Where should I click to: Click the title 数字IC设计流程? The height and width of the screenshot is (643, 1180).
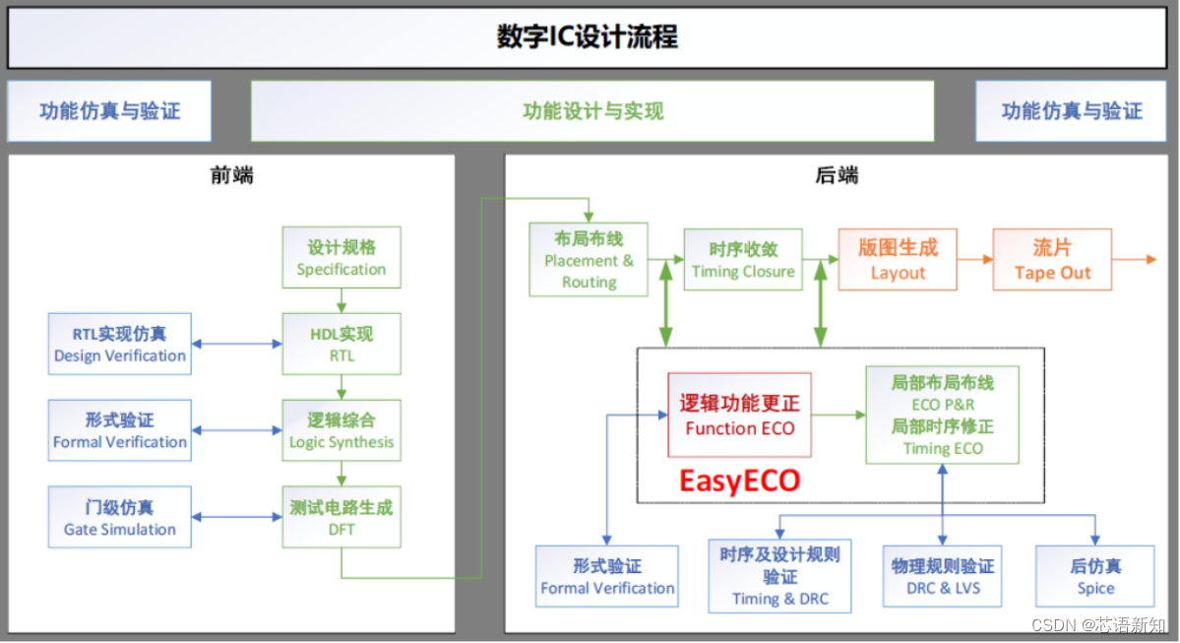(x=588, y=38)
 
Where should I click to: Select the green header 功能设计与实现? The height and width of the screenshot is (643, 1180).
(x=592, y=111)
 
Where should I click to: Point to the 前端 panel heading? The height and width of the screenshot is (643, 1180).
(x=231, y=175)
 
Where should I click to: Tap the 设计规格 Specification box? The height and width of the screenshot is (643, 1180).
(x=342, y=258)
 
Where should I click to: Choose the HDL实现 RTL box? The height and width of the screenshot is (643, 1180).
(x=342, y=344)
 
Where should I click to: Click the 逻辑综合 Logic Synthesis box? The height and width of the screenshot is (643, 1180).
(x=342, y=430)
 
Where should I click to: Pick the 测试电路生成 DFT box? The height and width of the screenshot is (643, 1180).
(x=342, y=518)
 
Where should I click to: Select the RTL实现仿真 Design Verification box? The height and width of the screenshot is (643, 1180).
(x=119, y=344)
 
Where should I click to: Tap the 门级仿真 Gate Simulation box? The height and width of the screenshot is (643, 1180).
(x=119, y=518)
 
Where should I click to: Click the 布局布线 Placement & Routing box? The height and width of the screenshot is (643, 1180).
(x=589, y=260)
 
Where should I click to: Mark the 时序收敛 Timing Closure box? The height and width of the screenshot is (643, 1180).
(x=743, y=260)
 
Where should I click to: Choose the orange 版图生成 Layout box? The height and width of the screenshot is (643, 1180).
(x=898, y=260)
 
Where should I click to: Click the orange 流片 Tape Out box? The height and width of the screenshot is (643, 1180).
(x=1052, y=260)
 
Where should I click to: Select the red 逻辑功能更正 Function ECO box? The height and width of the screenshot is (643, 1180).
(x=739, y=415)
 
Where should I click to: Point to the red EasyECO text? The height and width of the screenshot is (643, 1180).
(x=739, y=481)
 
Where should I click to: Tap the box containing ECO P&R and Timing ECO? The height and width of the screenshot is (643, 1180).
(x=942, y=415)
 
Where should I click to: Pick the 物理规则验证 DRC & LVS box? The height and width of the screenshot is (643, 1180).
(x=942, y=578)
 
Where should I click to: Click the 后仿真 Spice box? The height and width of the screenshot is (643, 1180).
(x=1095, y=578)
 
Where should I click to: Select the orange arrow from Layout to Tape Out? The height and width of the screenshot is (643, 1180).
(x=974, y=260)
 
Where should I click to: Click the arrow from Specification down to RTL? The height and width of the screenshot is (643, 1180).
(x=342, y=300)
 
